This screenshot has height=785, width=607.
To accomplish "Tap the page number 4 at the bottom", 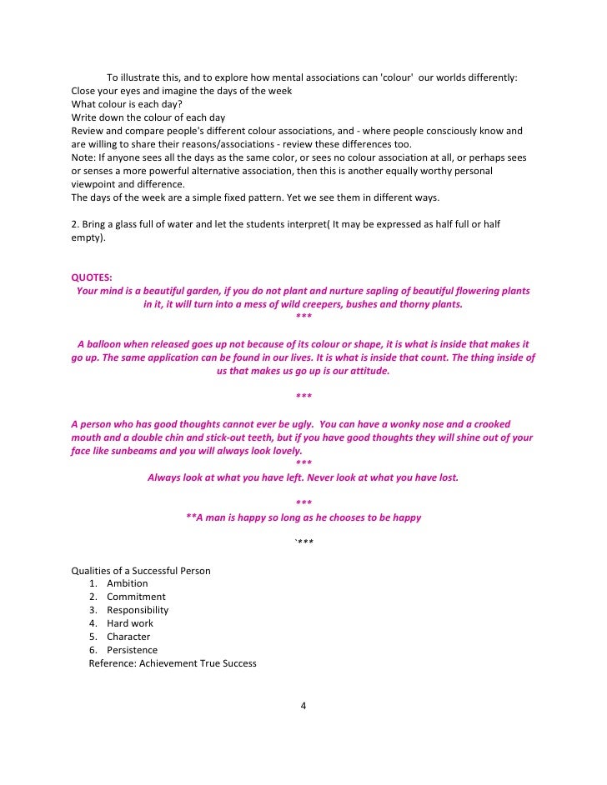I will click(x=303, y=707).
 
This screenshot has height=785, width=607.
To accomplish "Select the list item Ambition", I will click(x=127, y=583).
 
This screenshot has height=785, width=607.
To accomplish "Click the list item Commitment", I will click(x=136, y=597).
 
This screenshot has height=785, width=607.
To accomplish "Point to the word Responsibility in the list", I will click(x=138, y=610).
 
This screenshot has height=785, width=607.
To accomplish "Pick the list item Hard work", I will click(x=130, y=623).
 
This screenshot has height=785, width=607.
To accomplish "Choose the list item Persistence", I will click(x=132, y=650).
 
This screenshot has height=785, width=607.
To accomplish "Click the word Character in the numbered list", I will click(x=128, y=637).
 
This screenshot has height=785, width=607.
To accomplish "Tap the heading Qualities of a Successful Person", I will click(x=141, y=571).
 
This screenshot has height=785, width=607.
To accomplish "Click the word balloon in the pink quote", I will click(x=108, y=344).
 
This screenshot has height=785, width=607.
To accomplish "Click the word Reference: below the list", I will click(x=113, y=663).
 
